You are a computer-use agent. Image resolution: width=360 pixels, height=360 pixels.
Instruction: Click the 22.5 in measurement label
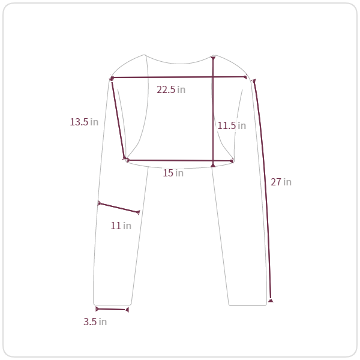(x=171, y=89)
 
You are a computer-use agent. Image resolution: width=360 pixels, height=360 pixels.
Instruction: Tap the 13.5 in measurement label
(x=84, y=122)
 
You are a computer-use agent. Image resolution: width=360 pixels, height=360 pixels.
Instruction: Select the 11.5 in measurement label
(x=232, y=125)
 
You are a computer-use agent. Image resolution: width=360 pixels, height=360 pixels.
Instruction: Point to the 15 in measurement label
(x=173, y=173)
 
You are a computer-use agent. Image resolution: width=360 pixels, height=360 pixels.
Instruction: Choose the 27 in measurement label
(x=281, y=182)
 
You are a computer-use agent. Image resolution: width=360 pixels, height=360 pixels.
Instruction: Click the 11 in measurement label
(x=121, y=226)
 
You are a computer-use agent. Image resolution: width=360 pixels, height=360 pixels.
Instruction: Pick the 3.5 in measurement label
(x=95, y=322)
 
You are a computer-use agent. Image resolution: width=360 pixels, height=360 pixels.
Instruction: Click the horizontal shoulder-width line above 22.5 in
(x=179, y=77)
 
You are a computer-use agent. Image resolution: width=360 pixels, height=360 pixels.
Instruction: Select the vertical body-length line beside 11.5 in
(x=213, y=112)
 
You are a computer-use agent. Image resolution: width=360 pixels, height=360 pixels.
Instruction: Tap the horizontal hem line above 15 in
(x=179, y=160)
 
